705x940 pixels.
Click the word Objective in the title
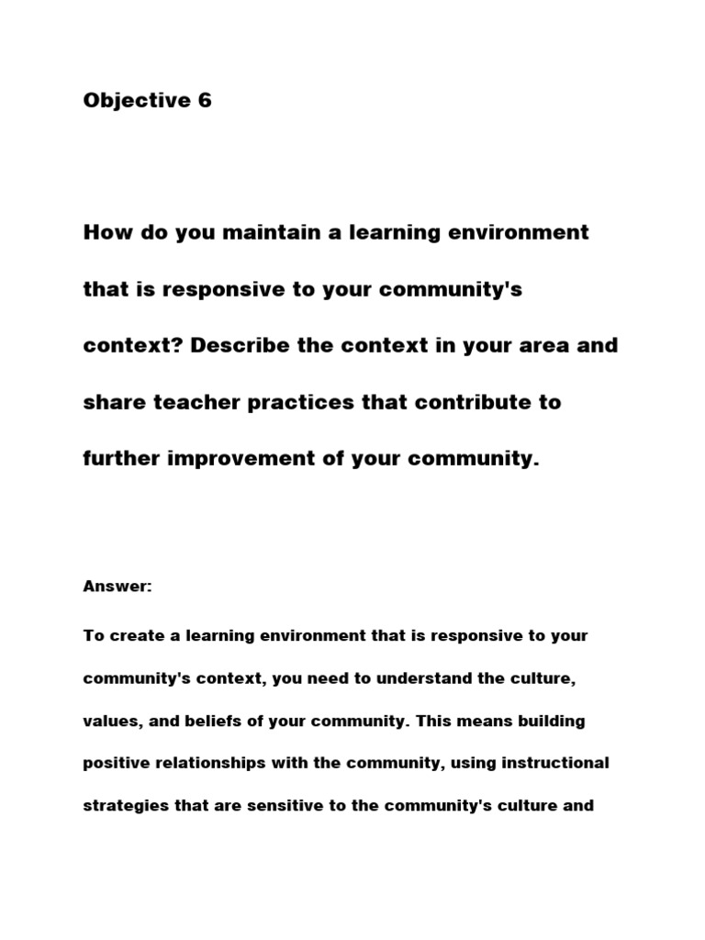pos(136,101)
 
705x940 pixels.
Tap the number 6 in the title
pos(204,101)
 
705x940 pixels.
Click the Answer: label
pos(117,587)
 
